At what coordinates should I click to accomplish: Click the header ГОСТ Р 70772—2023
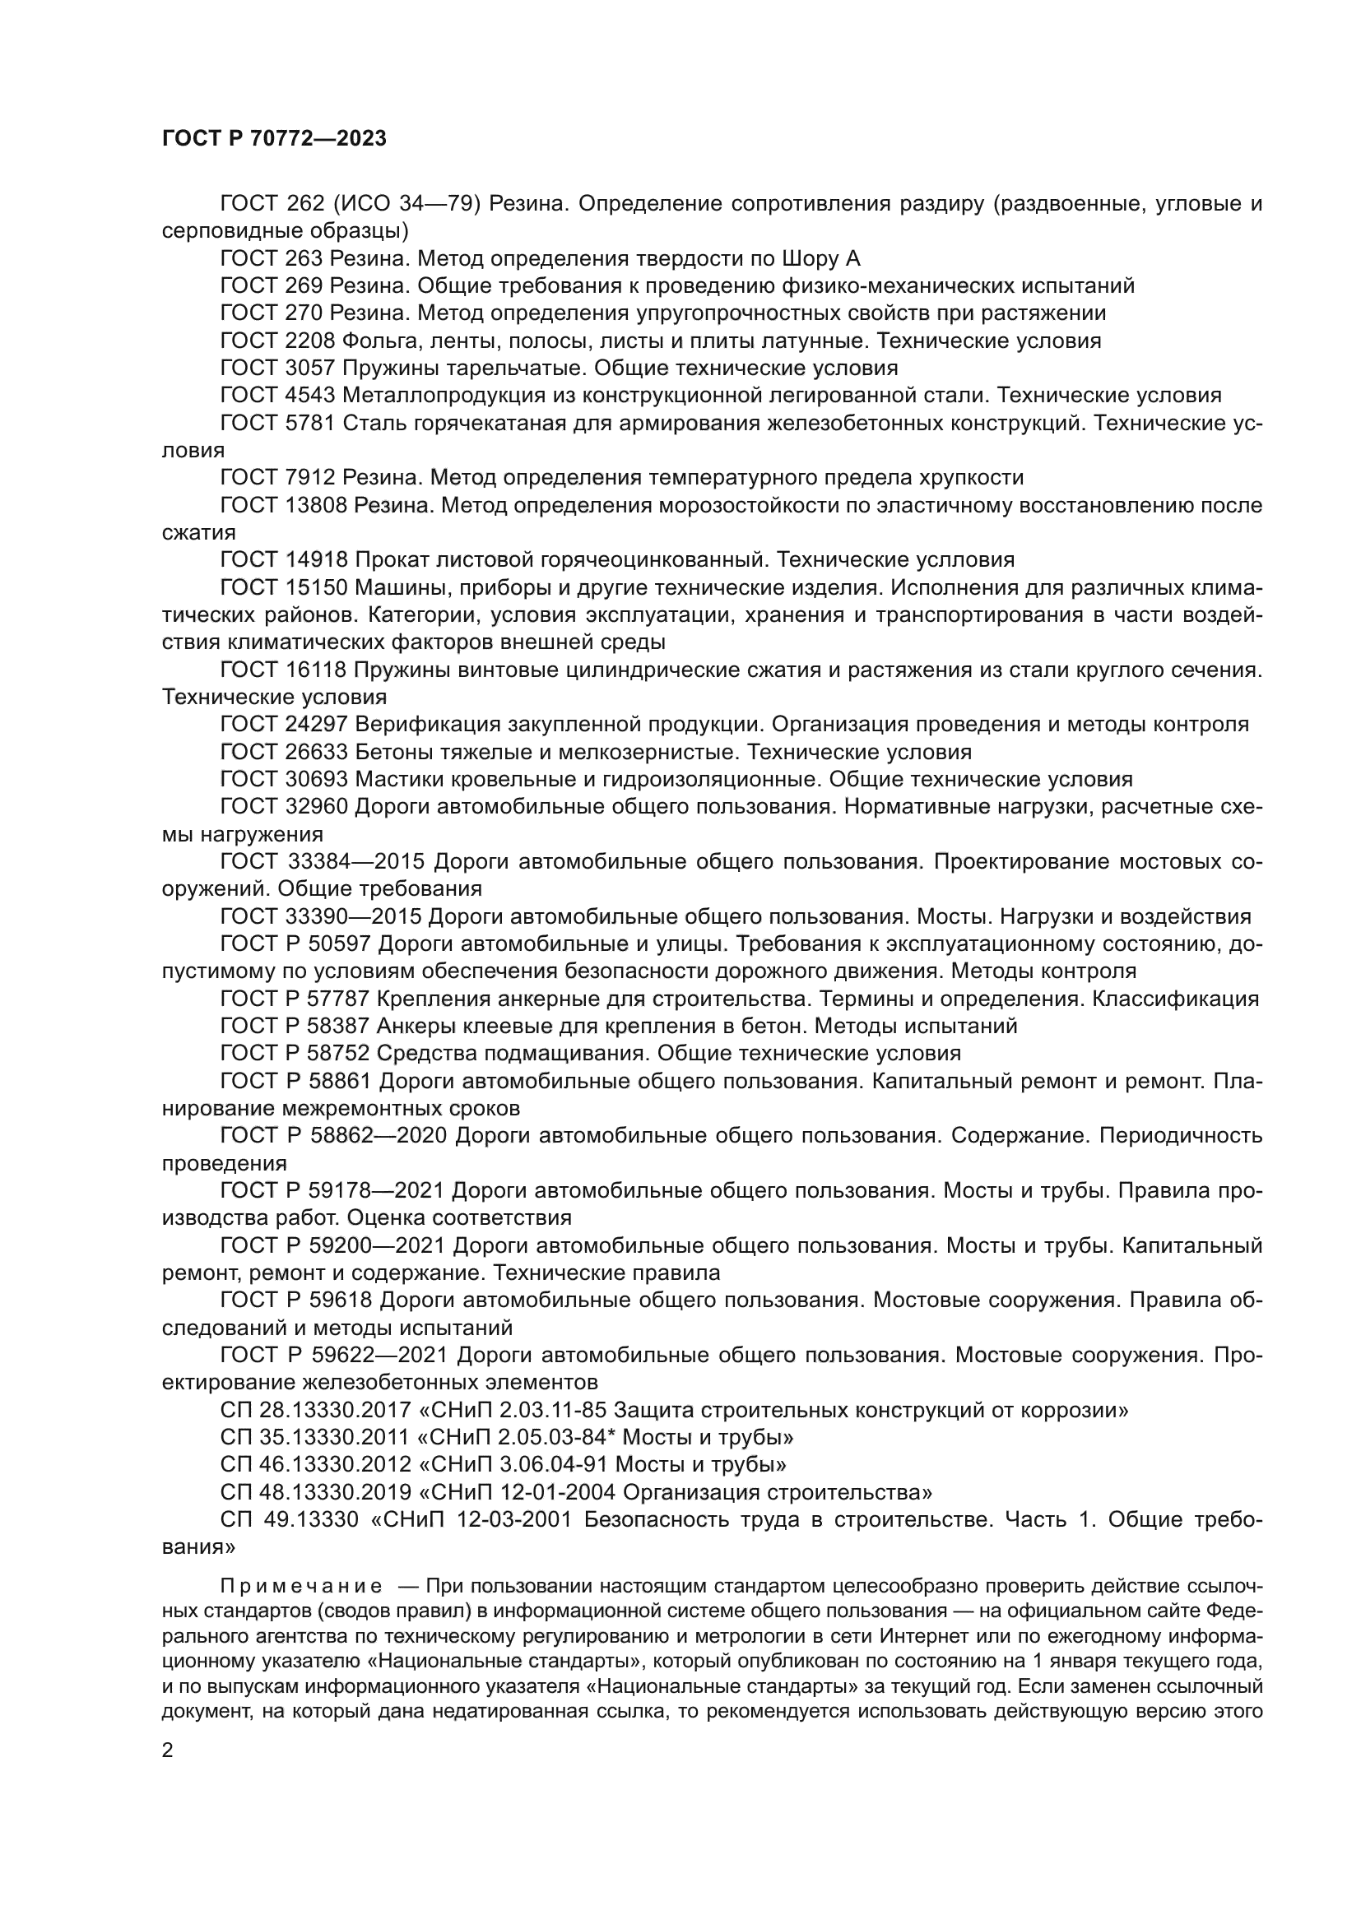(x=274, y=139)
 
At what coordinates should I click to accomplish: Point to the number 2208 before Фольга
(x=306, y=341)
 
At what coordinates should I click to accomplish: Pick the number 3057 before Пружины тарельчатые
(x=306, y=368)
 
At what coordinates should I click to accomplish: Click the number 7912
(x=306, y=478)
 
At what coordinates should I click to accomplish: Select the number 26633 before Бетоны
(x=312, y=752)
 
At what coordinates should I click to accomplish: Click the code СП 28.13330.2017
(x=315, y=1411)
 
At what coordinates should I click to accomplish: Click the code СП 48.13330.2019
(x=315, y=1492)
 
